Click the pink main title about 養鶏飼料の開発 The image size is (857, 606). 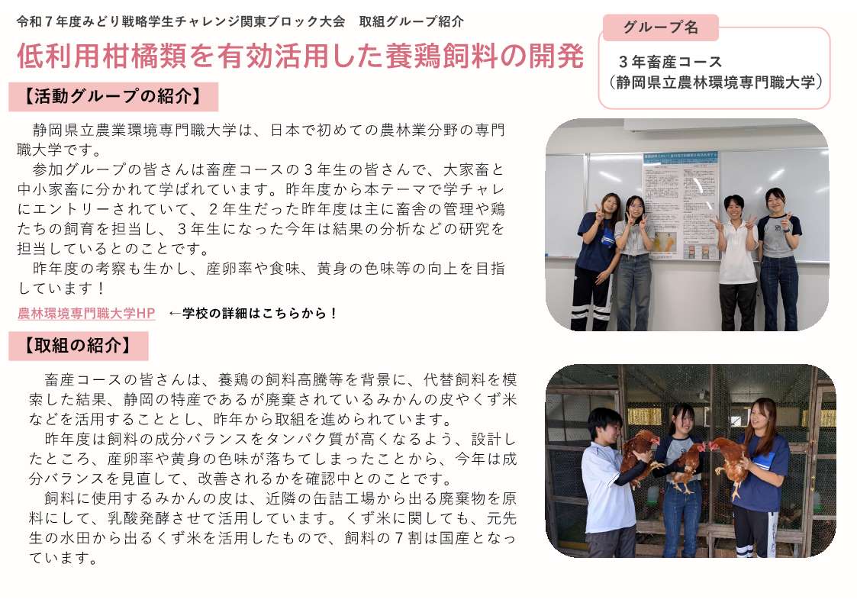(x=300, y=56)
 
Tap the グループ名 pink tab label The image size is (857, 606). (x=660, y=27)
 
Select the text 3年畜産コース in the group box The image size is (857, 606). (x=670, y=62)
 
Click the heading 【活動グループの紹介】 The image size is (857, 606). (x=113, y=97)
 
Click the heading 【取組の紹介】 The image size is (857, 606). (x=78, y=346)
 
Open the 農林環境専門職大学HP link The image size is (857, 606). (x=86, y=313)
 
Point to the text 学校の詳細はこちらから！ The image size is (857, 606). (x=260, y=313)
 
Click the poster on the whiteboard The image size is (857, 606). (x=681, y=206)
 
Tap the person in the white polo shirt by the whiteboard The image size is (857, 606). (x=736, y=263)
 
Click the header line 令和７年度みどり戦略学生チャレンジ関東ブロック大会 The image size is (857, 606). (x=181, y=22)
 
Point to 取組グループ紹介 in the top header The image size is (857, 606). (x=411, y=22)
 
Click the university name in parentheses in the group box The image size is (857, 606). (x=715, y=82)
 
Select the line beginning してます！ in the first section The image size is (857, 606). (x=61, y=288)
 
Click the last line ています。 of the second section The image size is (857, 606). (x=63, y=558)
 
